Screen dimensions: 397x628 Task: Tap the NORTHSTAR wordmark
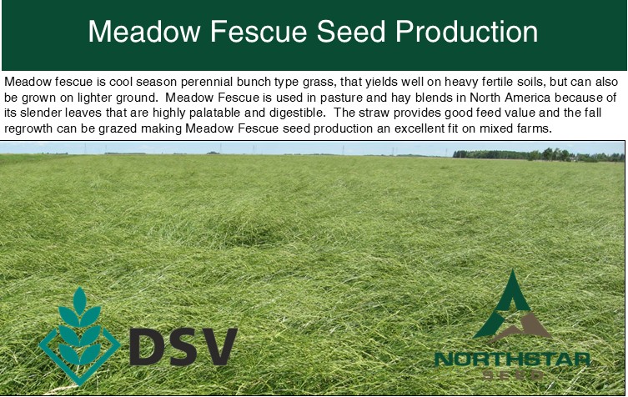[x=512, y=359]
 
